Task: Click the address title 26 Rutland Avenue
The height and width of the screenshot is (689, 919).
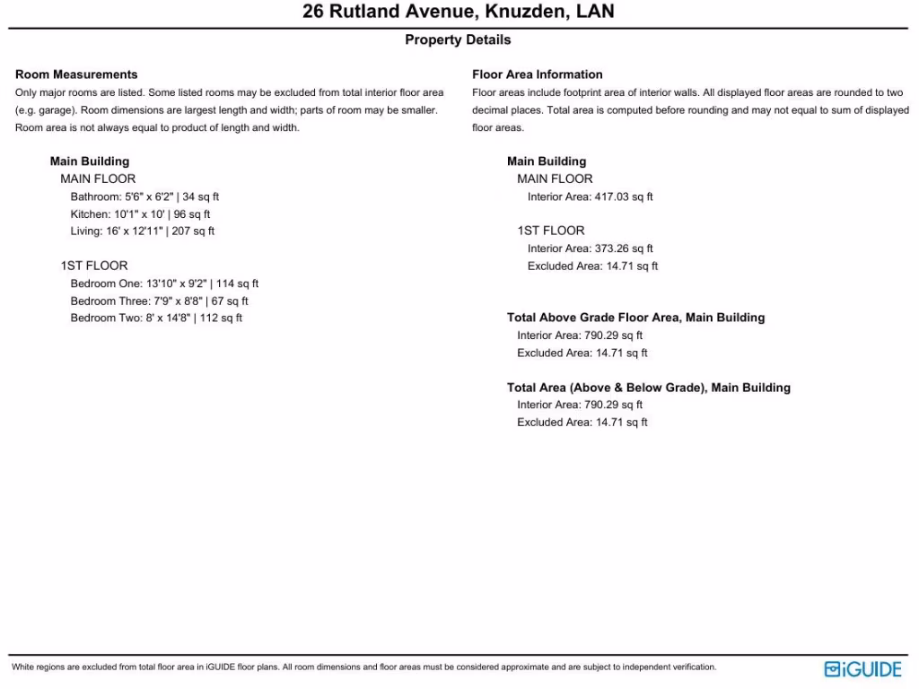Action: coord(458,13)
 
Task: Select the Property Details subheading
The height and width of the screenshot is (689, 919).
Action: coord(458,40)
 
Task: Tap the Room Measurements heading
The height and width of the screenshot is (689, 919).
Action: coord(76,74)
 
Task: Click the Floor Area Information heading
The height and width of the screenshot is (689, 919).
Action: coord(538,74)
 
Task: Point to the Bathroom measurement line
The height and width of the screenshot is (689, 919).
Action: coord(144,196)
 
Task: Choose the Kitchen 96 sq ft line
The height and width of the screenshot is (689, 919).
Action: coord(140,214)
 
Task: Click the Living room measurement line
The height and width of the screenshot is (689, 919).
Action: coord(143,231)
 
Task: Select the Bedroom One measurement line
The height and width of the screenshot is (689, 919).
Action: coord(164,283)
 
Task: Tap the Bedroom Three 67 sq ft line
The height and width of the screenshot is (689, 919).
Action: coord(159,301)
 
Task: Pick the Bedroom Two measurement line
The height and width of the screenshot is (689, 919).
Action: coord(156,318)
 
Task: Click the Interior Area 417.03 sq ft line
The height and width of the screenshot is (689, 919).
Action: coord(590,196)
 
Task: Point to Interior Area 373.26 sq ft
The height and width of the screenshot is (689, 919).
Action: coord(590,249)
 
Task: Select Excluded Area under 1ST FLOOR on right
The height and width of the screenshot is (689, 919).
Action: coord(592,266)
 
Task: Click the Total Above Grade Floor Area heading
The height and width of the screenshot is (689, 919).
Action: coord(635,318)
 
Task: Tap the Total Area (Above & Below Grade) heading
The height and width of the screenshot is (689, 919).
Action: coord(648,388)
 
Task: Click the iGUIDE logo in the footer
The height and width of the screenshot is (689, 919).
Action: coord(862,669)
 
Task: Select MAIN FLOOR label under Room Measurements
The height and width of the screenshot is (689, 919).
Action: coord(98,179)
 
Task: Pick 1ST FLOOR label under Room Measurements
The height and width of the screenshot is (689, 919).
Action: coord(94,266)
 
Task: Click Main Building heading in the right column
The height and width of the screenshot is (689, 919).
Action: coord(547,161)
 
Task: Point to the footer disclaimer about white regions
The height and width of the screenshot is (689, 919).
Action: coord(363,667)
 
